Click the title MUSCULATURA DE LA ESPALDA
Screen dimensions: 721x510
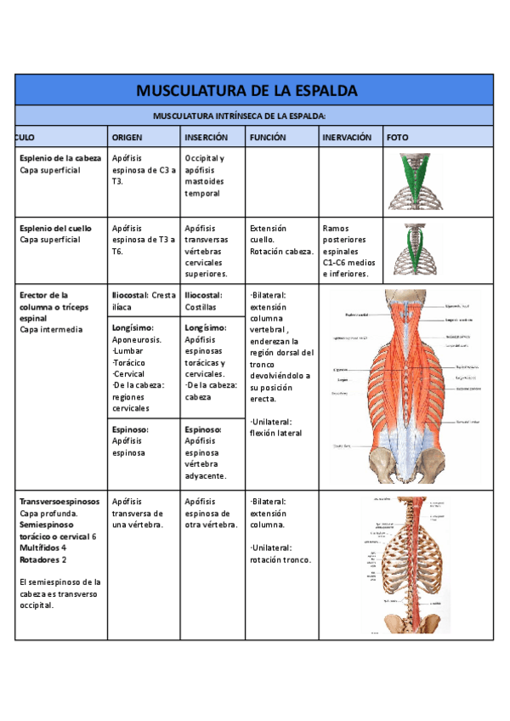pos(246,90)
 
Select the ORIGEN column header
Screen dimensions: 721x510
pos(127,137)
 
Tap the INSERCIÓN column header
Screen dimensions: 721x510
pos(206,137)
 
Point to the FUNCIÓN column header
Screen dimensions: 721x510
pos(267,137)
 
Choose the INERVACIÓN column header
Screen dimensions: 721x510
pos(347,137)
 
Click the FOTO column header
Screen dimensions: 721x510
pos(397,137)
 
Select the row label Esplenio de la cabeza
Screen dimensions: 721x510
pos(60,159)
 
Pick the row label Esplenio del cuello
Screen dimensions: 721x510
pos(55,229)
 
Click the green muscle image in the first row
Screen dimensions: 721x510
pos(416,181)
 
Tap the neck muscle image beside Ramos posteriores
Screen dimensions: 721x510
pos(416,249)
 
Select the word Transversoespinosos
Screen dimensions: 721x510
pos(59,502)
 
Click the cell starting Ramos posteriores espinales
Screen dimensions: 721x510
pos(348,251)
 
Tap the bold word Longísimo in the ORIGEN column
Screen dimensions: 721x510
pos(133,327)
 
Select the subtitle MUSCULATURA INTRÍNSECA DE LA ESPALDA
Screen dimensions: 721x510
pos(240,116)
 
